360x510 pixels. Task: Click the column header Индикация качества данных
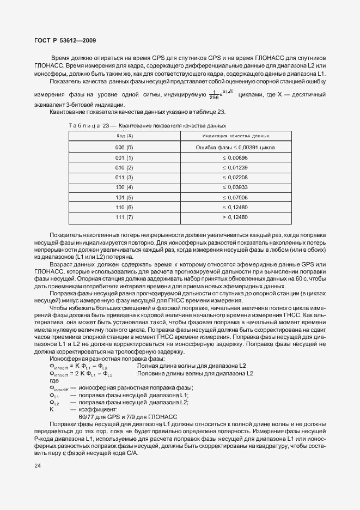(235, 135)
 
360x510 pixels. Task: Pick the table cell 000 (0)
(124, 147)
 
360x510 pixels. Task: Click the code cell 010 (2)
(124, 167)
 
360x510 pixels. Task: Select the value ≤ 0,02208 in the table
(235, 177)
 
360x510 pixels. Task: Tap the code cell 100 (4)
(124, 187)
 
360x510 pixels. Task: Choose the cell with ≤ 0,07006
(235, 197)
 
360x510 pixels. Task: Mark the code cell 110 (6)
(124, 207)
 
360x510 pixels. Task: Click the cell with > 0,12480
(235, 217)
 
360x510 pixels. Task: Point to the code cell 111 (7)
(124, 217)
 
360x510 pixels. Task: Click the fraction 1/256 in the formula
(214, 95)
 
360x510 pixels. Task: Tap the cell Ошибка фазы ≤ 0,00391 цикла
(235, 147)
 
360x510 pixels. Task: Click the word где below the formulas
(54, 381)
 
